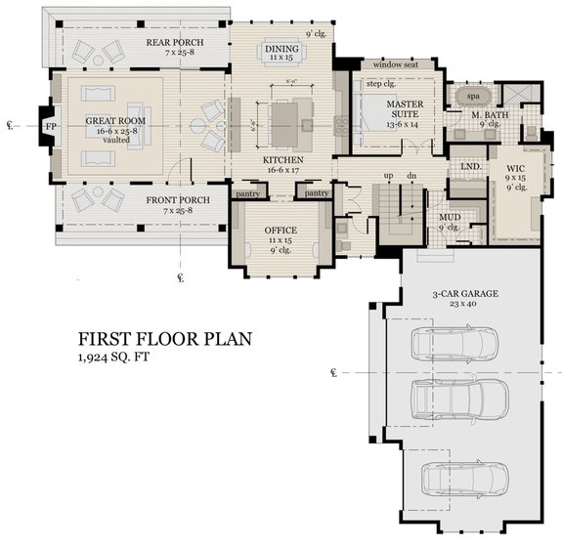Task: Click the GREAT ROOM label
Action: click(x=108, y=121)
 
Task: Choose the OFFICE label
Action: click(x=281, y=231)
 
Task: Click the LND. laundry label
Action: click(x=467, y=167)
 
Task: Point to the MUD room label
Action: click(x=450, y=219)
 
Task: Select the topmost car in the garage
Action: click(x=454, y=343)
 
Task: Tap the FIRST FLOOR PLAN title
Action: click(x=165, y=339)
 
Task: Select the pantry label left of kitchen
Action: click(x=246, y=194)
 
